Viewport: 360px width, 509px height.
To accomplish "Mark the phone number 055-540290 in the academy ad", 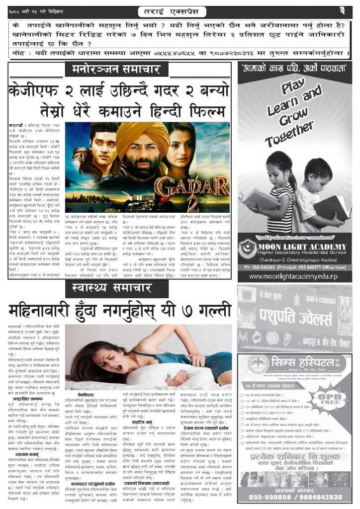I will click(x=262, y=267).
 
